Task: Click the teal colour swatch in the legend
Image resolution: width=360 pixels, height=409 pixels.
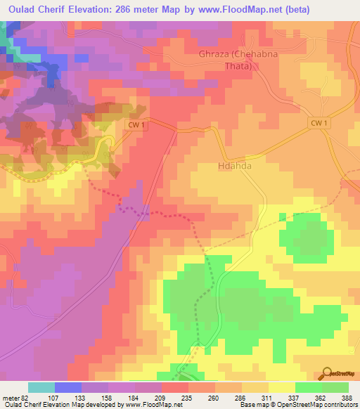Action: click(x=41, y=387)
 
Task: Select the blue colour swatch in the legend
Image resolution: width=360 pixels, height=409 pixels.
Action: click(x=68, y=387)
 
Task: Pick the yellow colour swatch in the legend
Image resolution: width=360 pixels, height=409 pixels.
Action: click(x=281, y=387)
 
